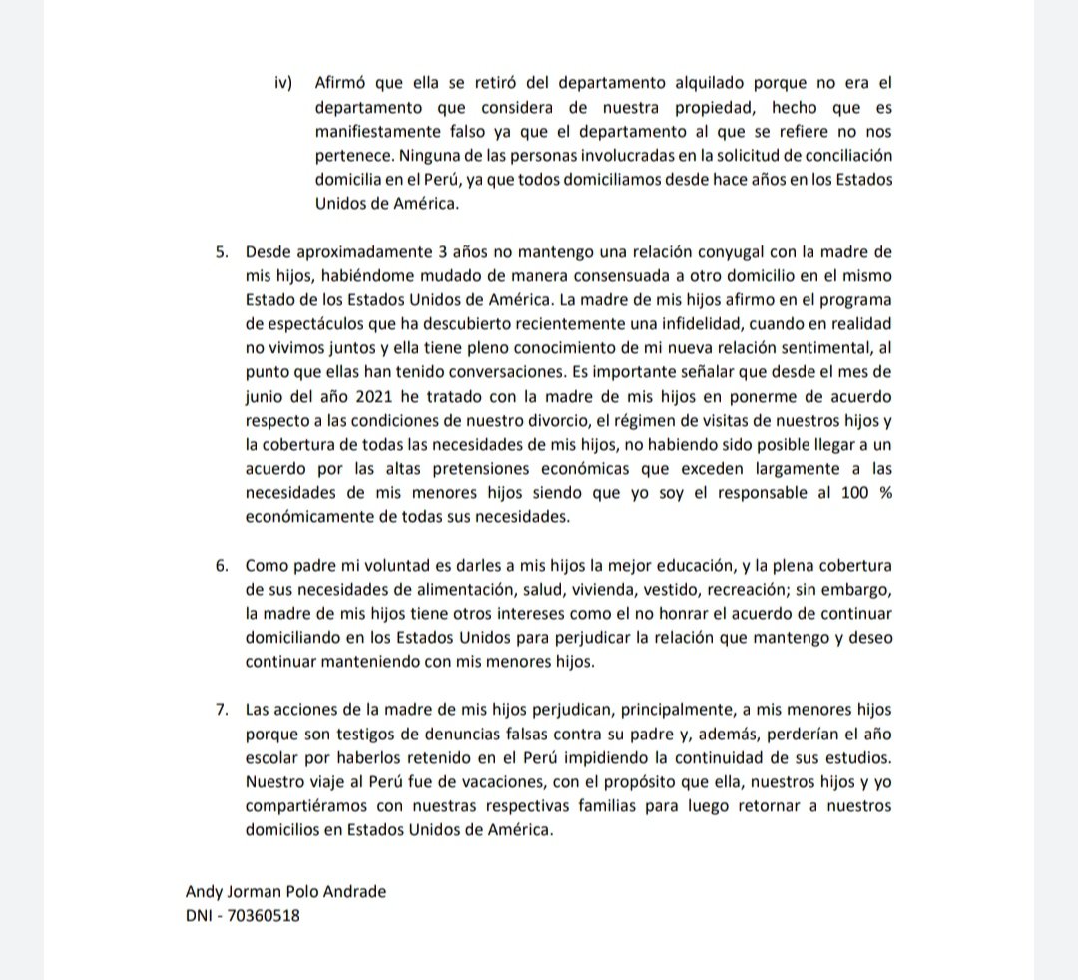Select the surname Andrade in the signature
click(x=351, y=891)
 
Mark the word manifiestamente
click(x=375, y=131)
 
